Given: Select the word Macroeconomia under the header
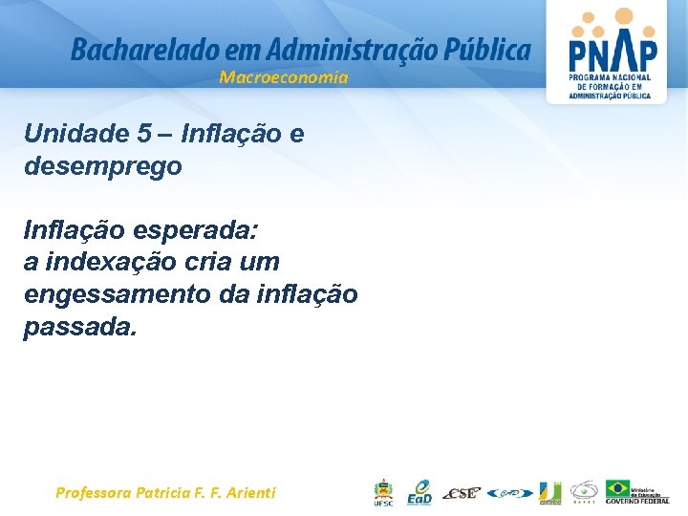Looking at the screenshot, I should (x=284, y=77).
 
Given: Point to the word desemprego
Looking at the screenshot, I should (x=103, y=166).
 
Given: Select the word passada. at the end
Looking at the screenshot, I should (x=81, y=327).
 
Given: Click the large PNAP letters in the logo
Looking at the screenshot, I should (x=612, y=51).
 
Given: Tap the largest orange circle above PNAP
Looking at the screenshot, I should (x=623, y=16).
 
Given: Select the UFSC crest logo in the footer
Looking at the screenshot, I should (x=382, y=492).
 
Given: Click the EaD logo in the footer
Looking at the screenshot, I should (x=419, y=492).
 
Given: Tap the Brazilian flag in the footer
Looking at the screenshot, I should (x=617, y=488).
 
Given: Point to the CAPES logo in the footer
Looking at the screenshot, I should (x=584, y=491).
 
